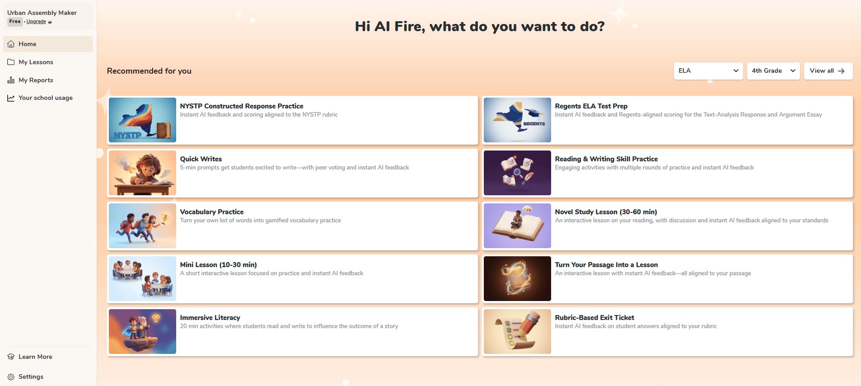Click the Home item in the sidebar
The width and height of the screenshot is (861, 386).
[47, 44]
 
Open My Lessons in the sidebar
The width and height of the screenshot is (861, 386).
[36, 62]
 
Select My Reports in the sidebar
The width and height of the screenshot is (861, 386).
[36, 80]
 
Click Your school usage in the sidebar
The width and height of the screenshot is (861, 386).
[45, 98]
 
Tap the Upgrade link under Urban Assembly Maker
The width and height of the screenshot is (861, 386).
[36, 21]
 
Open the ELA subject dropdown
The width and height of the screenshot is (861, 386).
[708, 71]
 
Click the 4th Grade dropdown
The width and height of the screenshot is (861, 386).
[773, 71]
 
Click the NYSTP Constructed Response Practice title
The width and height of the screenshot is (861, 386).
[242, 106]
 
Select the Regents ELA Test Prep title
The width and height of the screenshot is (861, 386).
[591, 106]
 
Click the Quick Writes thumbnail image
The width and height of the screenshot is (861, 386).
[142, 173]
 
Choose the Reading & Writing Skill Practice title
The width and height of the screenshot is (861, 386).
[606, 159]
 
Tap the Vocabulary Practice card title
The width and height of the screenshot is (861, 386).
[212, 212]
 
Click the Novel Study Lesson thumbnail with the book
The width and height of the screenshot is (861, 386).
[517, 226]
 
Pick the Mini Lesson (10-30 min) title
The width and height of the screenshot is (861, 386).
[218, 265]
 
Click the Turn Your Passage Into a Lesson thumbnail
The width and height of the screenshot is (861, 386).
[517, 278]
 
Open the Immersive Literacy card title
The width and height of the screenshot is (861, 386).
[210, 318]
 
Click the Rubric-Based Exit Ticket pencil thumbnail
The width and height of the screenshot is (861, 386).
[517, 331]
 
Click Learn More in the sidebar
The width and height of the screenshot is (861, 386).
[35, 357]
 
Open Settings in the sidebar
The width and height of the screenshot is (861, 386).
[31, 377]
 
